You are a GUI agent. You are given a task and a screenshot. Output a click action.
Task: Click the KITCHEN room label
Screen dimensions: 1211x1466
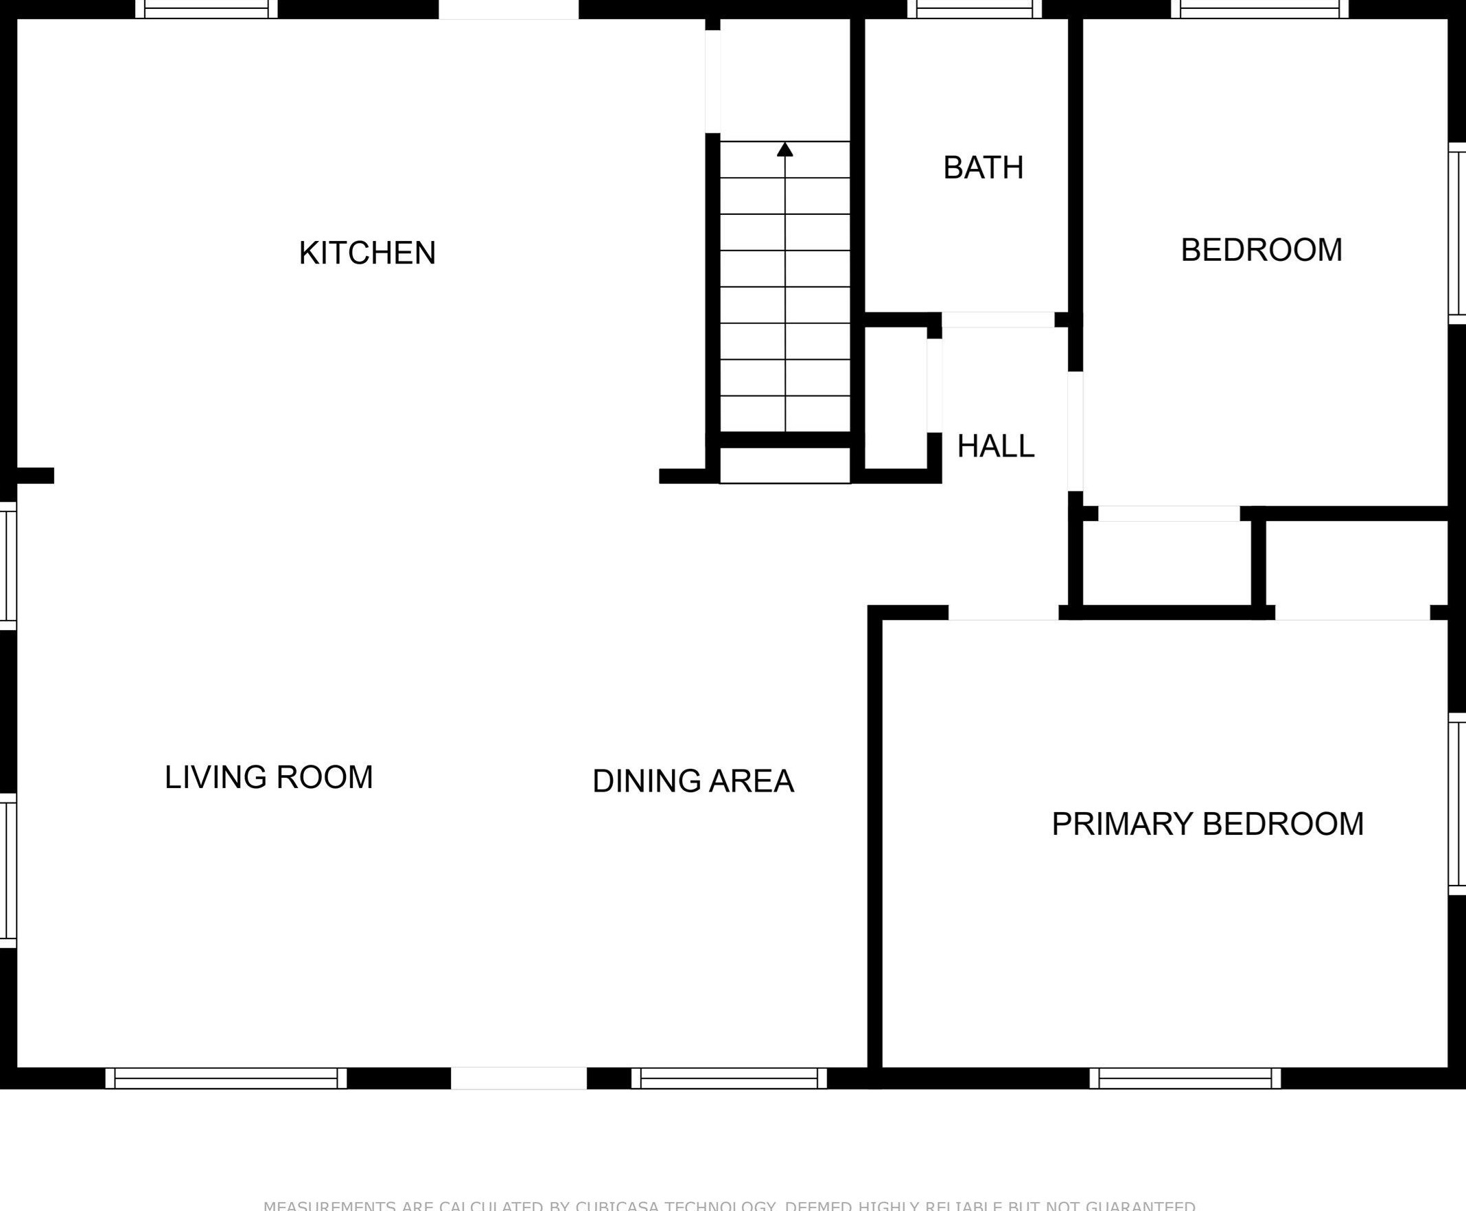click(x=367, y=253)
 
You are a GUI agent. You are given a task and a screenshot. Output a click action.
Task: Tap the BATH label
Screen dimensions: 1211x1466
click(x=983, y=168)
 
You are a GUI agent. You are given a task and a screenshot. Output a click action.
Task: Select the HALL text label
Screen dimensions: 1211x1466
click(x=995, y=446)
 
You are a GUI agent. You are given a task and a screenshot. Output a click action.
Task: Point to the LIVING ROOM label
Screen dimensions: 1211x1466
click(x=268, y=777)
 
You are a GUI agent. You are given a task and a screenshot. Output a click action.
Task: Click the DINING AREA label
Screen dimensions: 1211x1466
click(x=693, y=781)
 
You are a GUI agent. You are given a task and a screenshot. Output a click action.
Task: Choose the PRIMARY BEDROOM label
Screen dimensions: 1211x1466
click(x=1207, y=824)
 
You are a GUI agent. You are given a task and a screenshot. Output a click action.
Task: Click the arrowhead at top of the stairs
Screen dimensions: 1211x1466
click(x=784, y=149)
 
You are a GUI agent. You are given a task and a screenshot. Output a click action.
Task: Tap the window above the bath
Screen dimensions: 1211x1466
click(x=975, y=9)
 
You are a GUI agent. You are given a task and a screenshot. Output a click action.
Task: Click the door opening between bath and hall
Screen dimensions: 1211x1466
click(x=997, y=320)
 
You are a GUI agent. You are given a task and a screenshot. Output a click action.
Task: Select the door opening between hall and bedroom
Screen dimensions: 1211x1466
click(x=1075, y=431)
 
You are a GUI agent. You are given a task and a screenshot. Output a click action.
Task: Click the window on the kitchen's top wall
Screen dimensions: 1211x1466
click(x=207, y=9)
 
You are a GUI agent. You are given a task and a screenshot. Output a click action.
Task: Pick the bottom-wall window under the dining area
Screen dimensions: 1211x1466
click(x=729, y=1079)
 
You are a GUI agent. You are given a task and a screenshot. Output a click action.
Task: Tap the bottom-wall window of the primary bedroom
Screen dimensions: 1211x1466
click(x=1185, y=1079)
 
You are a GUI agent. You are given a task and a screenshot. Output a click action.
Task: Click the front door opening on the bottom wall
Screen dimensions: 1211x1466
click(x=518, y=1079)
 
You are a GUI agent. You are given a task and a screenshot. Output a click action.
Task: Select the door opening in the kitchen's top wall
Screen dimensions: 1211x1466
click(x=509, y=9)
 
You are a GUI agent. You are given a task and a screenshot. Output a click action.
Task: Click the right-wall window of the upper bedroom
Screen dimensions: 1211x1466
click(x=1457, y=233)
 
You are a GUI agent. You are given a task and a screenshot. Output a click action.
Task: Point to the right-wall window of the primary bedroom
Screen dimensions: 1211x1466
click(x=1457, y=805)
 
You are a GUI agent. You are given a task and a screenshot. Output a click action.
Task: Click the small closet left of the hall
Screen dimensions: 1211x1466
click(x=896, y=397)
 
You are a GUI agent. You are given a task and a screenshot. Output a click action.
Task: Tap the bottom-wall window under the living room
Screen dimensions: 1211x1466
click(x=226, y=1079)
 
